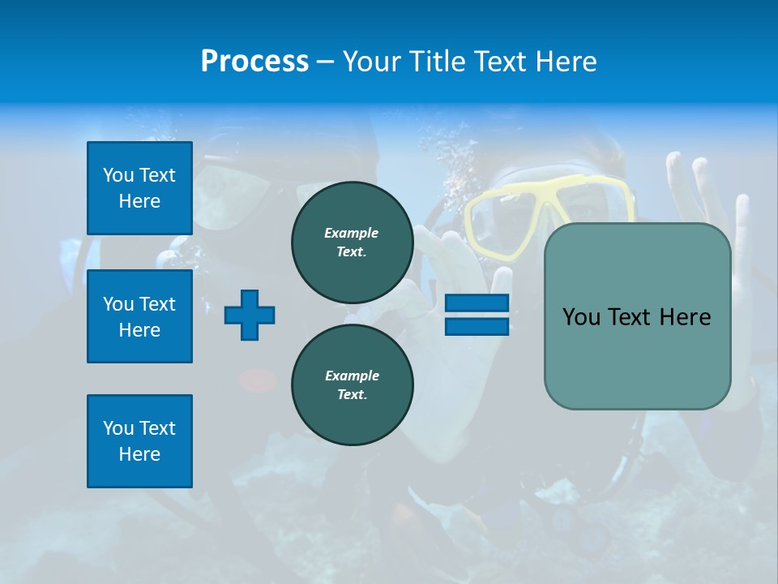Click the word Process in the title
coord(254,61)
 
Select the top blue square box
coord(139,188)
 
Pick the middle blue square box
coord(139,316)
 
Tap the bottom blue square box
coord(139,441)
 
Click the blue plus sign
coord(250,315)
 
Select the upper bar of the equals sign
coord(477,303)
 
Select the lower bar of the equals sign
coord(477,326)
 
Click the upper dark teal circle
coord(352,242)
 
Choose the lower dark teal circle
coord(352,384)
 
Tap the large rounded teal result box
coord(637,316)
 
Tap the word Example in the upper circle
coord(352,233)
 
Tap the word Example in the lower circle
coord(352,376)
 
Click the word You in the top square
coord(118,175)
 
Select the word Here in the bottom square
coord(139,454)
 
